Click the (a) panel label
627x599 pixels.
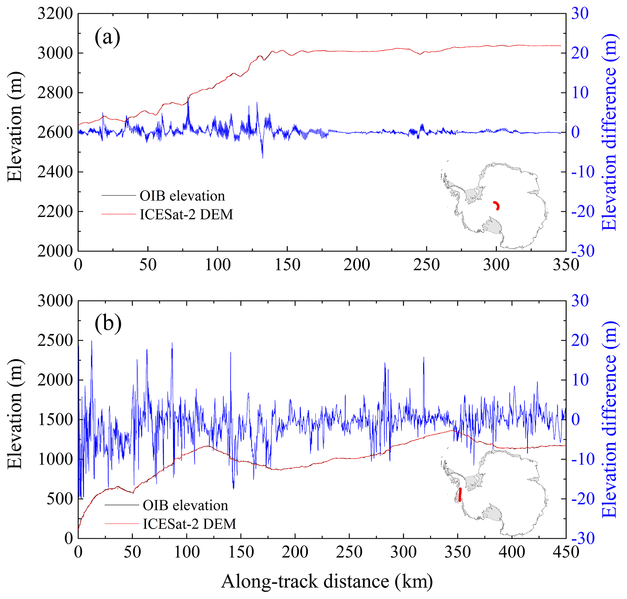pos(107,38)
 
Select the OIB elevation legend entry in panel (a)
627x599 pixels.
pos(182,196)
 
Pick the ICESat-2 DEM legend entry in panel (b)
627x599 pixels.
pos(189,524)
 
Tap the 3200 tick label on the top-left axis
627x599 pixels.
pos(55,14)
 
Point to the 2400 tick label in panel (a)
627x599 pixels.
pos(55,172)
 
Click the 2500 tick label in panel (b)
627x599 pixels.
pos(55,341)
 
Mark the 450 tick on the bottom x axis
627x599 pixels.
pos(566,552)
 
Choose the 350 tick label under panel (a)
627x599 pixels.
pos(566,265)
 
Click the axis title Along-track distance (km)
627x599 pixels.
pos(327,582)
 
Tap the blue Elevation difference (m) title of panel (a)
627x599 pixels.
pos(610,132)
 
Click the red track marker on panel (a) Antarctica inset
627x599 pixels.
pos(497,205)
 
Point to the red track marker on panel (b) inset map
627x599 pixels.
pos(460,495)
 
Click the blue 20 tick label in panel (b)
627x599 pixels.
pos(580,341)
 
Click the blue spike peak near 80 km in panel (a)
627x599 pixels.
pos(188,98)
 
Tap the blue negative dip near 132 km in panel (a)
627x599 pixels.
pos(262,157)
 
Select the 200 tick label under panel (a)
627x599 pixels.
pos(357,265)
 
